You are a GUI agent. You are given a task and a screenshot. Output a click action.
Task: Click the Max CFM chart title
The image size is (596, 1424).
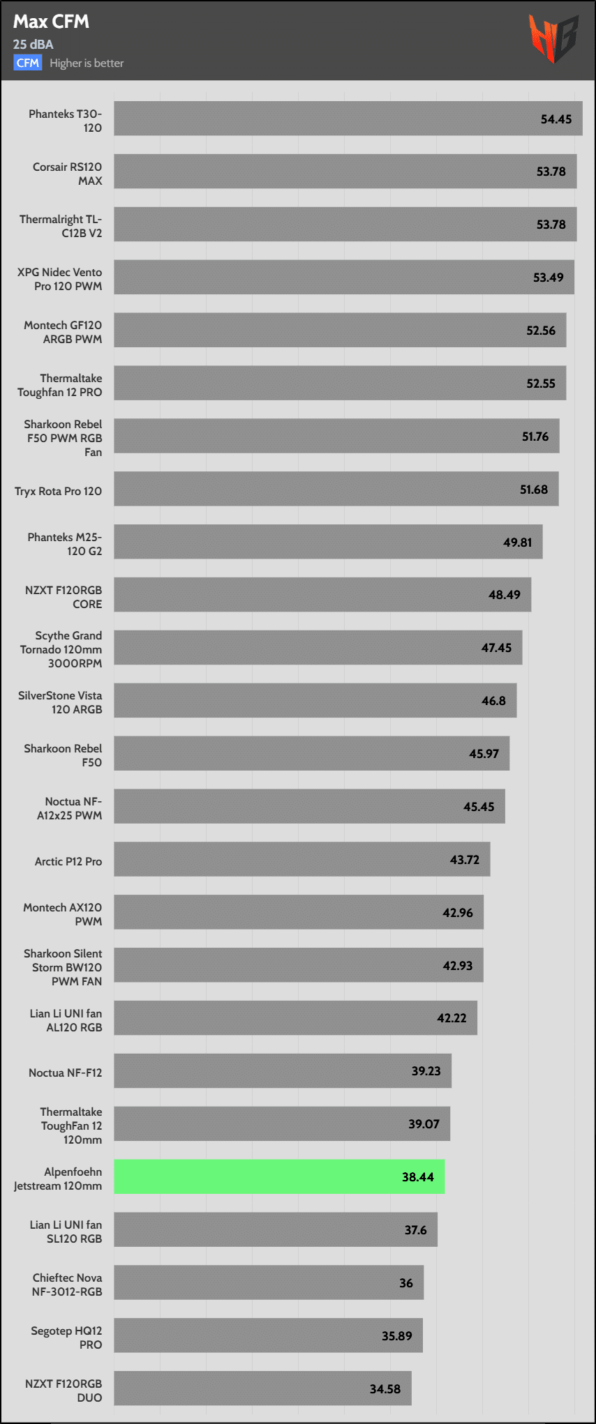51,22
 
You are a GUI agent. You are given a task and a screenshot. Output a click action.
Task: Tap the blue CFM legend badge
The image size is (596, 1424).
28,63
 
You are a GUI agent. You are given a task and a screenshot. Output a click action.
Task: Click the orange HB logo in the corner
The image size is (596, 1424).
553,38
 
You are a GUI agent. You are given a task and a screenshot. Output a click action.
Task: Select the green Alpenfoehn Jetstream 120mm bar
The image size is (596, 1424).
279,1176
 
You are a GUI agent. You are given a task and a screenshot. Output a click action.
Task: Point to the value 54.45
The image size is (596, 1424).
556,119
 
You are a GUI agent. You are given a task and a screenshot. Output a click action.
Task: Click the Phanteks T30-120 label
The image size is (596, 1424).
65,121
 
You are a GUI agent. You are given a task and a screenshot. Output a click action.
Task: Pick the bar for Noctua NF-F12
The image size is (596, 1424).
283,1070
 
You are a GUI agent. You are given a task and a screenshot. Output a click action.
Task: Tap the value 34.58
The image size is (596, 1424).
385,1388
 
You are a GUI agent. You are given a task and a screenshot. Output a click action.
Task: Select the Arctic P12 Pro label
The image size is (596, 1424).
68,861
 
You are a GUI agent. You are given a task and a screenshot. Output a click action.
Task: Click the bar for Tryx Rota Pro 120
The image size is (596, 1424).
335,489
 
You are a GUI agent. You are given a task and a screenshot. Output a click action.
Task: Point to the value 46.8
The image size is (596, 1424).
493,701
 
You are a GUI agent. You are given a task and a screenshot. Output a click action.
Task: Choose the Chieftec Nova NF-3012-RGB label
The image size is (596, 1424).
67,1285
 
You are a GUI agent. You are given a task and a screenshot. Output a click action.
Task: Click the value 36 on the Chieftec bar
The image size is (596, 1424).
406,1283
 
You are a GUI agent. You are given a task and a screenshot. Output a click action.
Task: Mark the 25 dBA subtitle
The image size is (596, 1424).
33,44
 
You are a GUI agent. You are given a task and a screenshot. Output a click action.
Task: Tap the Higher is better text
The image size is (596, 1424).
87,63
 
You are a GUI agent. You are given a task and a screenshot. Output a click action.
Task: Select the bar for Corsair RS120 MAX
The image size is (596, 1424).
345,172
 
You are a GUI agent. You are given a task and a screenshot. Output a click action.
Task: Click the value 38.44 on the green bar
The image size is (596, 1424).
418,1177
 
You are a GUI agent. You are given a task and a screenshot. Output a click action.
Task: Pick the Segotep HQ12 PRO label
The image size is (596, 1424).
66,1338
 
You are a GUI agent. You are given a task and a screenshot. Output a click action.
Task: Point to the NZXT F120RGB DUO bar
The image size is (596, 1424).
262,1388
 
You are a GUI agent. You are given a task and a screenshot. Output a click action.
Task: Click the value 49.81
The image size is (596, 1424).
518,543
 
